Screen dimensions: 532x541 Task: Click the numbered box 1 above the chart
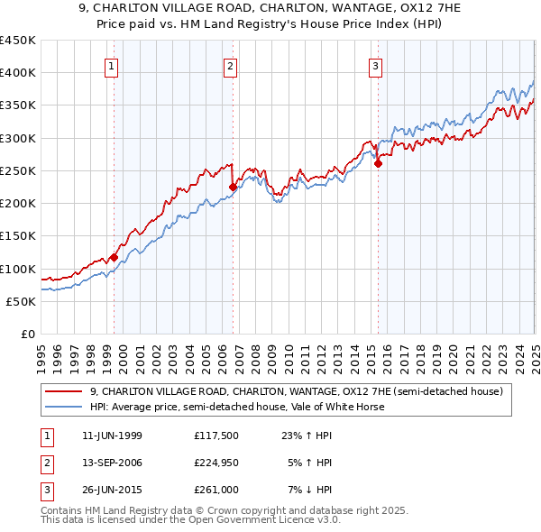pos(111,66)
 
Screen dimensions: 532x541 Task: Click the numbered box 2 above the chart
pos(230,66)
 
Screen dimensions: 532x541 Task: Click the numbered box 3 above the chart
pos(374,66)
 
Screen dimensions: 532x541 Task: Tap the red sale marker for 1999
pos(115,257)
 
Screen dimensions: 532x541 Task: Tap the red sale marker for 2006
pos(234,187)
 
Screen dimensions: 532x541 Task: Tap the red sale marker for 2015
pos(378,163)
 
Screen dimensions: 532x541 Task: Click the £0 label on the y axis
pos(27,334)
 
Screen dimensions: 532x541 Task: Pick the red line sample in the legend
pos(64,391)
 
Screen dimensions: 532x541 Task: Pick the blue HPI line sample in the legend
pos(64,407)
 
